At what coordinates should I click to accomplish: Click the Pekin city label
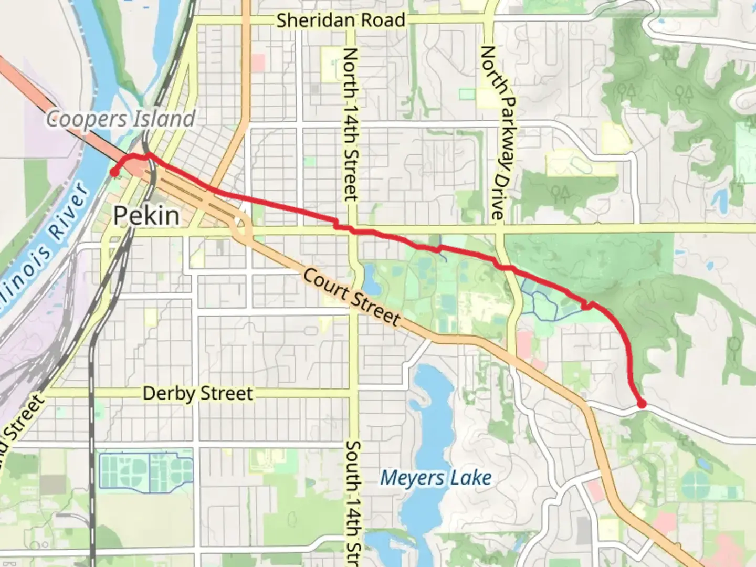click(146, 216)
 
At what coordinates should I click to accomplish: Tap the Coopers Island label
click(121, 119)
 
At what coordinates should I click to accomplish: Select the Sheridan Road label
click(341, 20)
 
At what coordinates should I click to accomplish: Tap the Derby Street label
click(198, 393)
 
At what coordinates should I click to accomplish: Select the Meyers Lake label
click(436, 478)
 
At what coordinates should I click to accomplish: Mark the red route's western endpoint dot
click(113, 172)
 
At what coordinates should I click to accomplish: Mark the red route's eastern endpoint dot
click(642, 403)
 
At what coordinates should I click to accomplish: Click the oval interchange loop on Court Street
click(241, 226)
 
